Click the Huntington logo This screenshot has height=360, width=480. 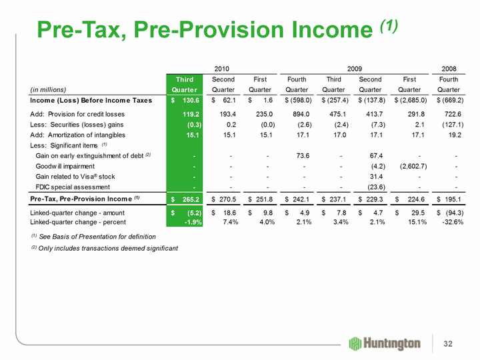pyautogui.click(x=385, y=343)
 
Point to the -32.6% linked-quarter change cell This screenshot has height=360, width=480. pyautogui.click(x=450, y=222)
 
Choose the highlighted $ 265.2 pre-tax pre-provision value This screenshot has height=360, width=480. pyautogui.click(x=182, y=198)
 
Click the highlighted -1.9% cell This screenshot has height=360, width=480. pyautogui.click(x=185, y=222)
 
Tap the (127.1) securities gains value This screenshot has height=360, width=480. pyautogui.click(x=447, y=124)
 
